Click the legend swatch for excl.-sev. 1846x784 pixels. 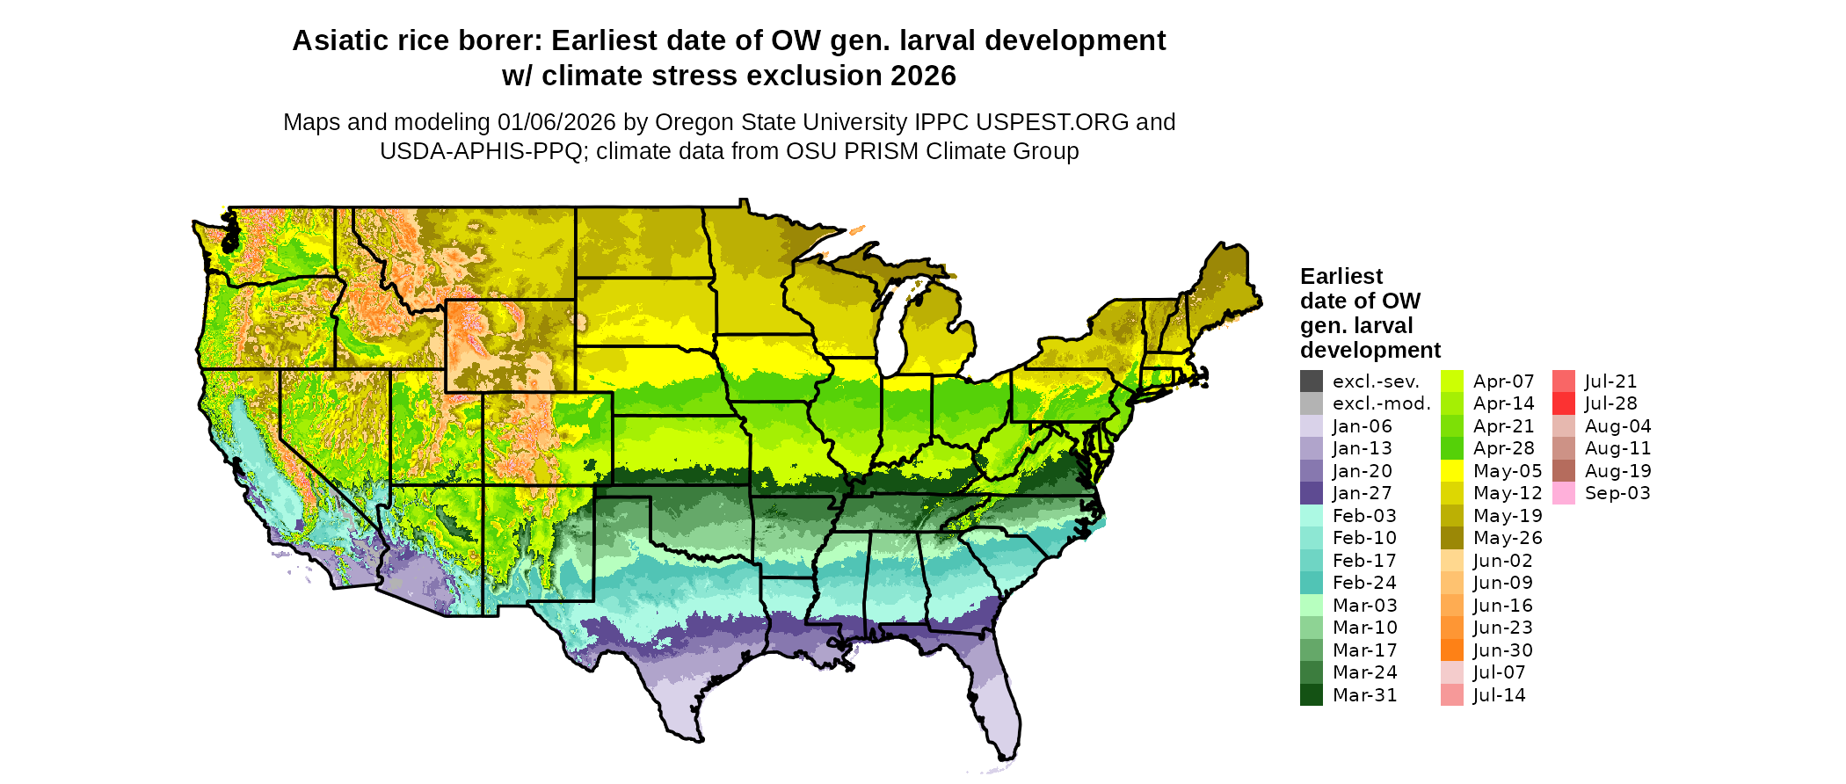coord(1311,381)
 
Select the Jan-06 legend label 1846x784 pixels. coord(1362,426)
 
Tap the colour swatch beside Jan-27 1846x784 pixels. coord(1311,493)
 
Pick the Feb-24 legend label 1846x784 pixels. coord(1363,583)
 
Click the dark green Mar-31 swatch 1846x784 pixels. coord(1311,694)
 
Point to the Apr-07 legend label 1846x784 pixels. coord(1503,381)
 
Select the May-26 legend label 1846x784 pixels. coord(1508,538)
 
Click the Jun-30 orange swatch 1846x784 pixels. coord(1452,650)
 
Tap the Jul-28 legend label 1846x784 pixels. coord(1610,403)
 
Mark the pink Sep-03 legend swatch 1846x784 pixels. coord(1564,493)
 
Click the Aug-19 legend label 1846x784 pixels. coord(1617,471)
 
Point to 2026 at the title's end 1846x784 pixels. coord(922,76)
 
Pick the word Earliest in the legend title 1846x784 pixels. coord(1341,276)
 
